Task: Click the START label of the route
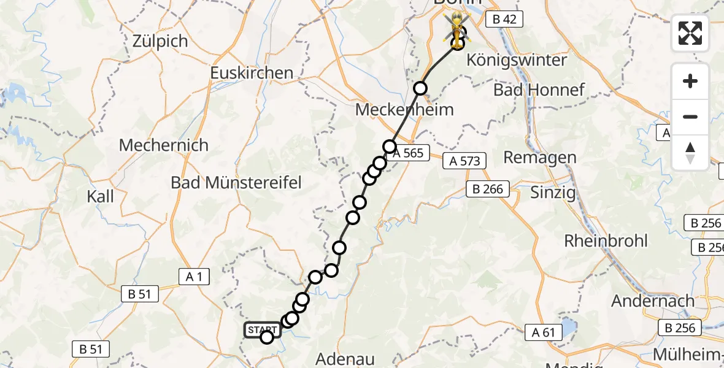pyautogui.click(x=263, y=330)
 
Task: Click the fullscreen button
pyautogui.click(x=690, y=33)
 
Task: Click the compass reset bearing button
pyautogui.click(x=690, y=153)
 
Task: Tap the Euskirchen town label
pyautogui.click(x=252, y=73)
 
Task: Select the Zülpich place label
pyautogui.click(x=160, y=41)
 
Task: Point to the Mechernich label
pyautogui.click(x=164, y=145)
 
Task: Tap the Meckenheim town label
pyautogui.click(x=405, y=110)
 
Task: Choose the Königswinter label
pyautogui.click(x=517, y=61)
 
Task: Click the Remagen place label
pyautogui.click(x=540, y=158)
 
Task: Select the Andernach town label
pyautogui.click(x=653, y=301)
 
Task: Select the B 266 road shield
pyautogui.click(x=488, y=189)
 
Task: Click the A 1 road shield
pyautogui.click(x=194, y=277)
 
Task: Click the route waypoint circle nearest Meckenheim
pyautogui.click(x=420, y=88)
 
